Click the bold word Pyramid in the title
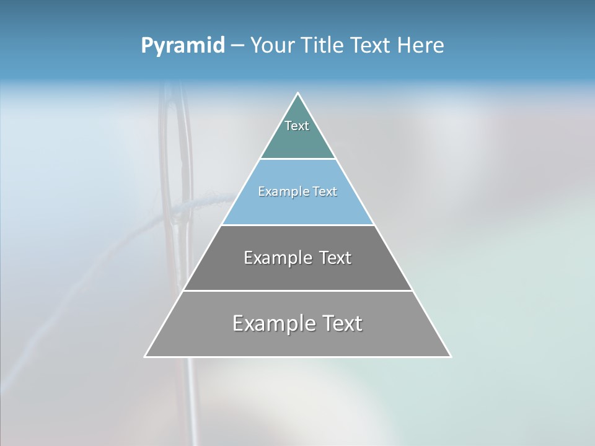tap(183, 46)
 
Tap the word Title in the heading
tap(322, 46)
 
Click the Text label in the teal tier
tap(297, 126)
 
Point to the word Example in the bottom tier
tap(273, 324)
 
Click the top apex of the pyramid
tap(298, 94)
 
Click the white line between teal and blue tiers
tap(298, 159)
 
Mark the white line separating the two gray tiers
tap(298, 291)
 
